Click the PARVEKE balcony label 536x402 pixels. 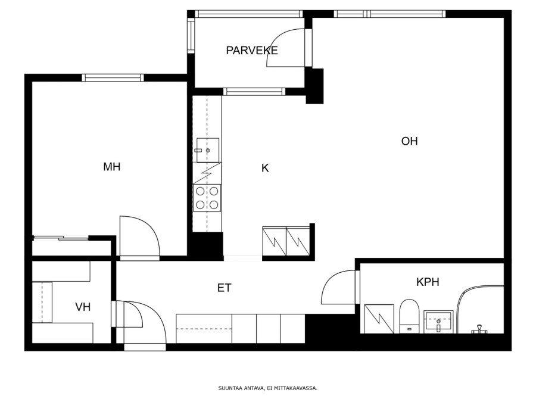(x=251, y=51)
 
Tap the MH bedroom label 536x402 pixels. (x=112, y=167)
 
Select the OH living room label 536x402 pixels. (x=409, y=141)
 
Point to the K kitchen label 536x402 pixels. (x=265, y=168)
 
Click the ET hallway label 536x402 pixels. (x=225, y=288)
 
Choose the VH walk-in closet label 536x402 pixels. (x=83, y=307)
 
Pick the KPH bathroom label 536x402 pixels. (x=428, y=282)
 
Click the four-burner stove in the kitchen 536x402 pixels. (x=207, y=198)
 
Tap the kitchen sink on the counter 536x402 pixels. (x=207, y=150)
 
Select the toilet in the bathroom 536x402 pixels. (x=409, y=316)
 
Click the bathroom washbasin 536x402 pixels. (x=438, y=322)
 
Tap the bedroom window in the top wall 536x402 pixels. (x=113, y=77)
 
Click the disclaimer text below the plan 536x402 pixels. (x=268, y=388)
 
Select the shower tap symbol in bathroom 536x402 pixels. (x=479, y=329)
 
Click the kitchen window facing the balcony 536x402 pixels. (x=254, y=92)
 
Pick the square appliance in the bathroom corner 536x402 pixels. (x=379, y=319)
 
